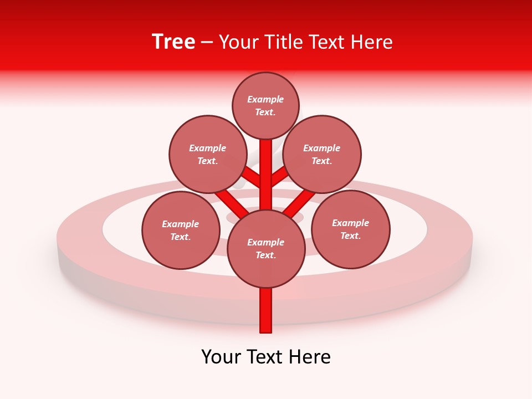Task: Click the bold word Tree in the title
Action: [173, 42]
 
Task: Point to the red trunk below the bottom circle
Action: [266, 310]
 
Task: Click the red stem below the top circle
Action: [266, 161]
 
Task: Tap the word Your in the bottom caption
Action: [221, 357]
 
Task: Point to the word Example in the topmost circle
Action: [265, 100]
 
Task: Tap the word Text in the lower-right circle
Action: [350, 236]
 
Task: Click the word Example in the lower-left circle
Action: [181, 224]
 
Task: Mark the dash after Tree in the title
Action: [207, 43]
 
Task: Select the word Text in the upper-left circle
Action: [207, 161]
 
